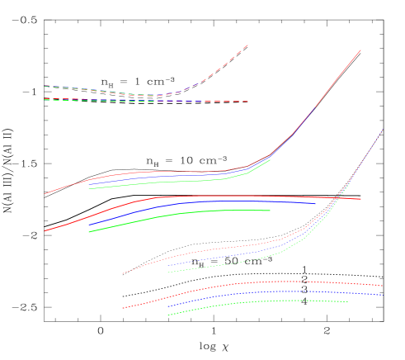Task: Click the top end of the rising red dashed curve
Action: coord(248,45)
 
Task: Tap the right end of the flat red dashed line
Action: coord(248,102)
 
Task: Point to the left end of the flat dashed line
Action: coord(45,100)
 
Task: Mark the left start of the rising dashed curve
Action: coord(45,86)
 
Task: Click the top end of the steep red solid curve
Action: coord(360,50)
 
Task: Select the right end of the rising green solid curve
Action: coord(271,159)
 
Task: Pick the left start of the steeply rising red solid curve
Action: coord(45,194)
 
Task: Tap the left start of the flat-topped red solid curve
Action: coord(45,231)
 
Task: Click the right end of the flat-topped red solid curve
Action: coord(360,199)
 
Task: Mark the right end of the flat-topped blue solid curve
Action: coord(316,203)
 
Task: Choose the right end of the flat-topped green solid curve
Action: coord(271,211)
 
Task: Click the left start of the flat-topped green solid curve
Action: coord(89,232)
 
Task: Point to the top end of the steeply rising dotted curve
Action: coord(383,129)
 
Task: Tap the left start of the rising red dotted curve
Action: coord(123,273)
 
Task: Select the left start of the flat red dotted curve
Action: coord(123,308)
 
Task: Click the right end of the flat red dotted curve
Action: coord(383,286)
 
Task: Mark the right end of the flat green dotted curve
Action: coord(347,301)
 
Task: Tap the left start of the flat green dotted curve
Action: coord(168,315)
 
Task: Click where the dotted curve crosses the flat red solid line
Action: coord(338,198)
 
